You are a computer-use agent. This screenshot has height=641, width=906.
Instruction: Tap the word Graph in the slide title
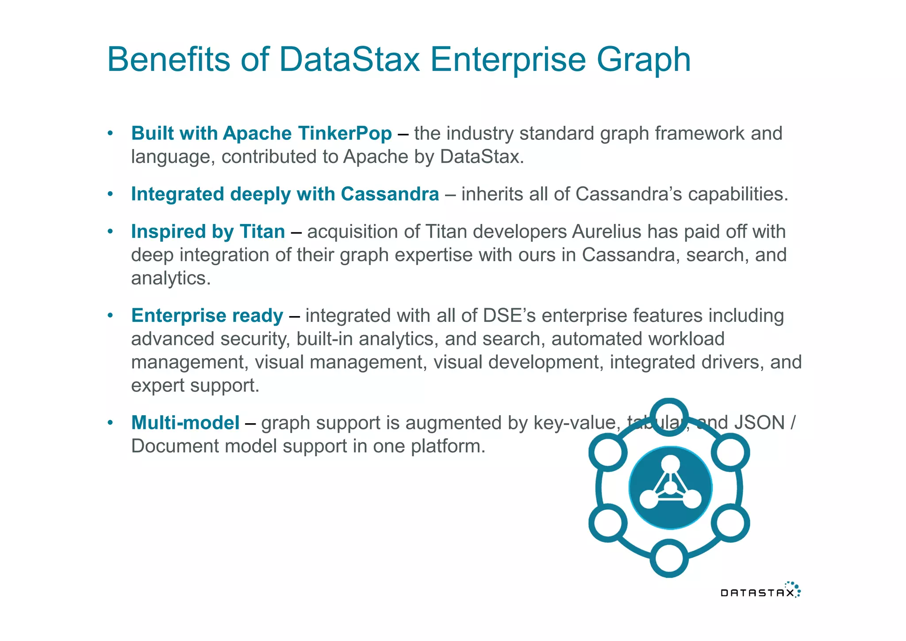click(x=643, y=60)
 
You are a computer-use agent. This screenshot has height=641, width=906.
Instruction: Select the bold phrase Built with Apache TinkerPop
click(x=261, y=133)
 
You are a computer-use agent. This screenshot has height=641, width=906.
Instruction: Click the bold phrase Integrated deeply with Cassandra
click(x=285, y=194)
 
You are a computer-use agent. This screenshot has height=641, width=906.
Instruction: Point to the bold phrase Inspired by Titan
click(x=208, y=232)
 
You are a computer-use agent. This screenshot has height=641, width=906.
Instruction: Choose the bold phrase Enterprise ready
click(x=207, y=316)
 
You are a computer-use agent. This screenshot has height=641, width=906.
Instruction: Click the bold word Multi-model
click(x=185, y=422)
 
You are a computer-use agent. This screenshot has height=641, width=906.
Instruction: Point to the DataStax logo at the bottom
click(x=760, y=591)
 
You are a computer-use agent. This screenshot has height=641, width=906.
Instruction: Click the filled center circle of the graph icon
click(x=670, y=487)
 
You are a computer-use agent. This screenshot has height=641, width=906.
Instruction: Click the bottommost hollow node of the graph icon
click(x=669, y=558)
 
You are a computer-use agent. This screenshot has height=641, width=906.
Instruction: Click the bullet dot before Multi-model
click(x=111, y=422)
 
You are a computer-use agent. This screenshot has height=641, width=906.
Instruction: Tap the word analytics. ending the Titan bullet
click(x=171, y=278)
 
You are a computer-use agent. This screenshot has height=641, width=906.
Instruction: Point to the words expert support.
click(x=195, y=386)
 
